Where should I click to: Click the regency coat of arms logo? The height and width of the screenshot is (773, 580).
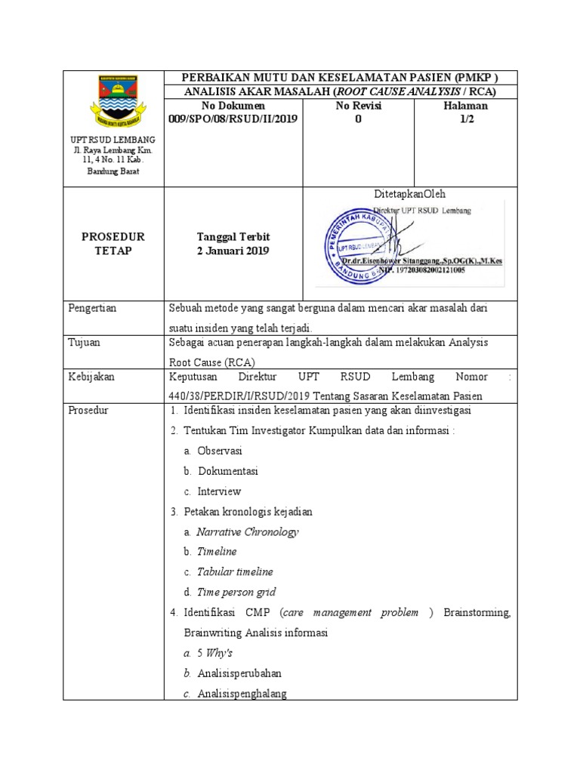click(113, 103)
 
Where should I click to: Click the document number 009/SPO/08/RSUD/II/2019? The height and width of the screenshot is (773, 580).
click(233, 119)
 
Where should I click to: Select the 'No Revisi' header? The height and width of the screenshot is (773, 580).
click(358, 106)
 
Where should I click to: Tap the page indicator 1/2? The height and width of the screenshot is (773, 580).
click(466, 119)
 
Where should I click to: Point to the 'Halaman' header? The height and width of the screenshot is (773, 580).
click(466, 106)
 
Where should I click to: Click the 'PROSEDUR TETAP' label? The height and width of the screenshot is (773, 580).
click(113, 244)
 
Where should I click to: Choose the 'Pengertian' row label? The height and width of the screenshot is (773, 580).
click(93, 308)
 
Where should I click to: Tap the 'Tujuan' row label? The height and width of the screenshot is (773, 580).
click(85, 342)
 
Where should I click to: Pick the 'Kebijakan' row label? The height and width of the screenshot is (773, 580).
click(91, 377)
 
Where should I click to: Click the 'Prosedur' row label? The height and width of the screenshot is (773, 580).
click(88, 411)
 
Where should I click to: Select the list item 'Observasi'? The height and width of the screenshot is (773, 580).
click(220, 451)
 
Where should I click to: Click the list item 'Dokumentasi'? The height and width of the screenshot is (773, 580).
click(228, 471)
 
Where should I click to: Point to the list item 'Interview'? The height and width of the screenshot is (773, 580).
click(219, 491)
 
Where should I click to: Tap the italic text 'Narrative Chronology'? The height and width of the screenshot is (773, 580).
click(248, 531)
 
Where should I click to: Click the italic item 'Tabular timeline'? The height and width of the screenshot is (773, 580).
click(235, 572)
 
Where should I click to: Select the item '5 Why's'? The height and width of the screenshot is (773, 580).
click(214, 653)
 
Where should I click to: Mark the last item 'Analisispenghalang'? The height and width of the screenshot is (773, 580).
click(242, 694)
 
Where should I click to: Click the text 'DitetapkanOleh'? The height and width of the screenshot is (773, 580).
click(410, 194)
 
